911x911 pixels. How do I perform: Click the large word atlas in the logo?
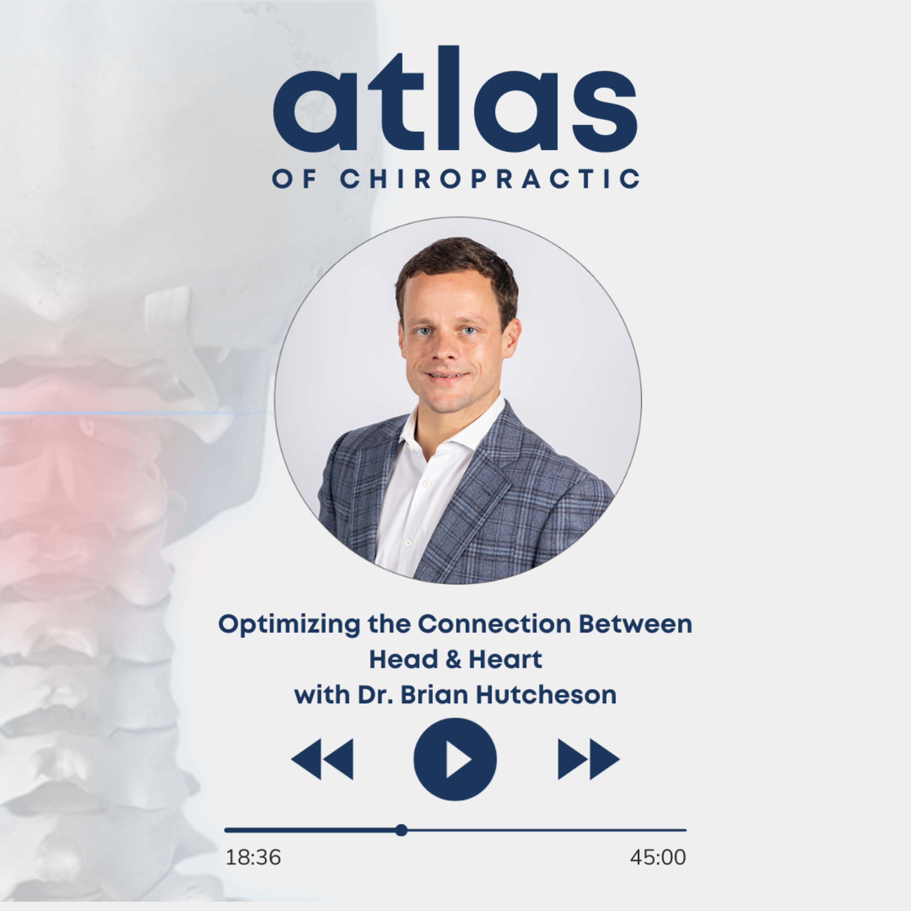(455, 99)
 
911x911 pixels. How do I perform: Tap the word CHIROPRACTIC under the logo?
(490, 179)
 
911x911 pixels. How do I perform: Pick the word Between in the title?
(636, 624)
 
